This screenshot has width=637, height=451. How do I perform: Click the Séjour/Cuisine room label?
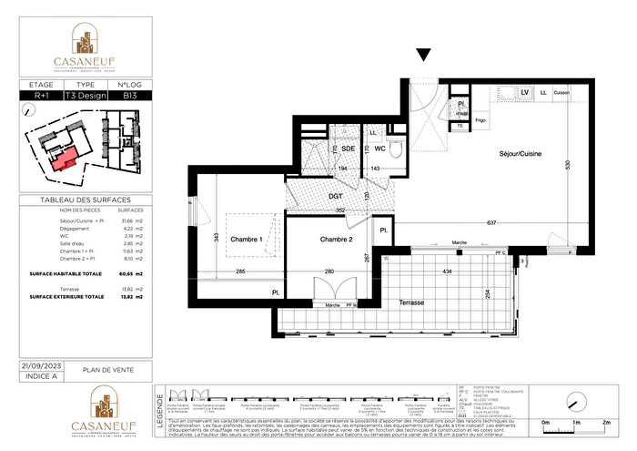click(520, 154)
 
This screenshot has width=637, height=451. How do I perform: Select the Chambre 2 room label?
click(318, 241)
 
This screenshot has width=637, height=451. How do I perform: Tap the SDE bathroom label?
click(348, 149)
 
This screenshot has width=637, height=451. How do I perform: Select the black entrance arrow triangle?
click(423, 56)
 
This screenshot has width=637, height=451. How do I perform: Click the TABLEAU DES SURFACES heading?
click(86, 200)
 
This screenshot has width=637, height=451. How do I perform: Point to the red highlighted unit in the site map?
click(64, 160)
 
